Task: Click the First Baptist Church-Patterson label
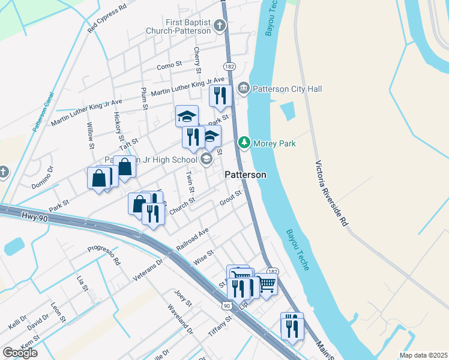tap(178, 26)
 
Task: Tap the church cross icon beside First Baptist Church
tap(220, 25)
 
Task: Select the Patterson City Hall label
tap(287, 89)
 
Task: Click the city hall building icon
tap(244, 89)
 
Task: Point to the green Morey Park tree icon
tap(244, 143)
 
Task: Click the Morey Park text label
tap(274, 143)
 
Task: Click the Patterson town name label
tap(246, 175)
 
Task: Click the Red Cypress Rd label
tap(107, 19)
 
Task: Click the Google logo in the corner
tap(20, 353)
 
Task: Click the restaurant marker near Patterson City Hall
tap(220, 94)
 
